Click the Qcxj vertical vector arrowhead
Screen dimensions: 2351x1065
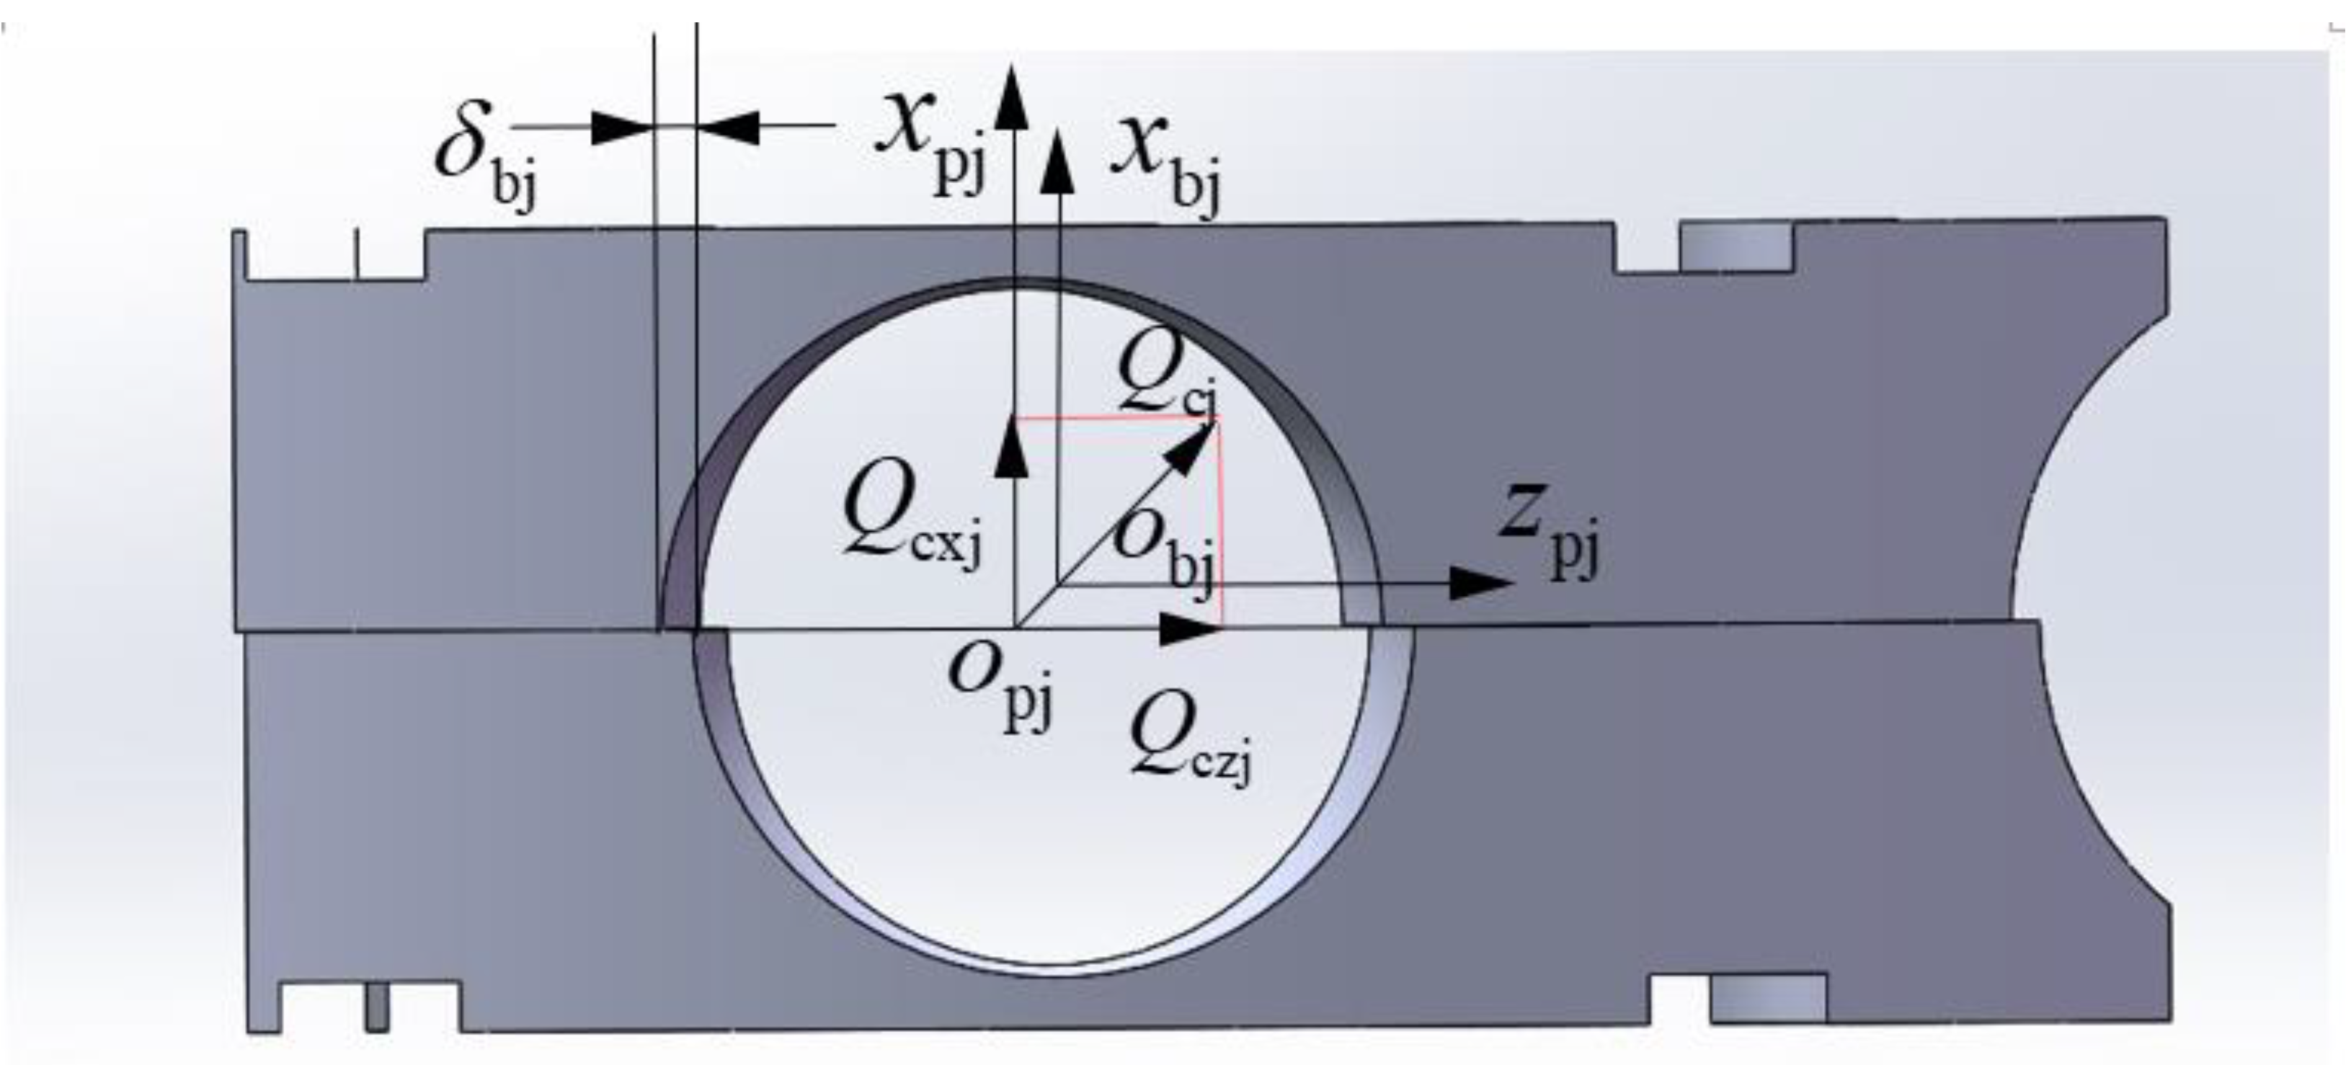tap(1011, 447)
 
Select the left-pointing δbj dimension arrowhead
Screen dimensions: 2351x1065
tap(729, 128)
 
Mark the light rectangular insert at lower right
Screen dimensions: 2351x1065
tap(1768, 999)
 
